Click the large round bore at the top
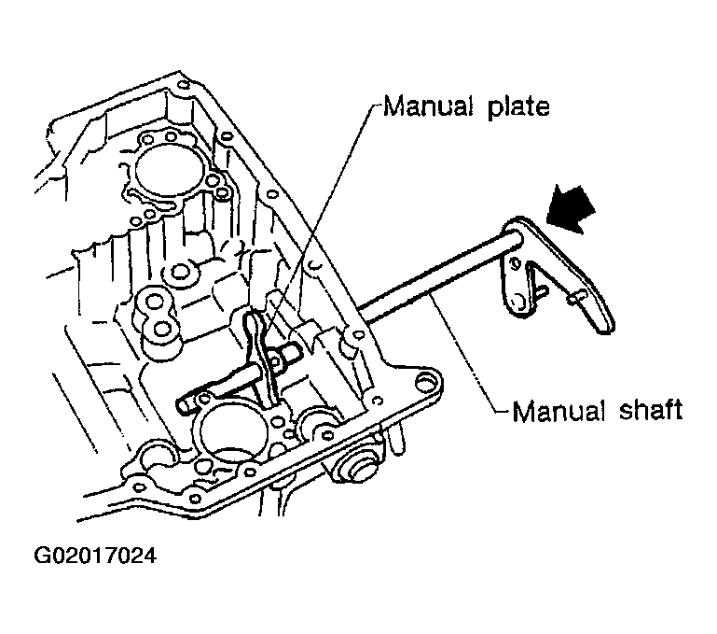pos(165,169)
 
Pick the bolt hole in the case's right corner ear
pos(427,382)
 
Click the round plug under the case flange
pos(357,468)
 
